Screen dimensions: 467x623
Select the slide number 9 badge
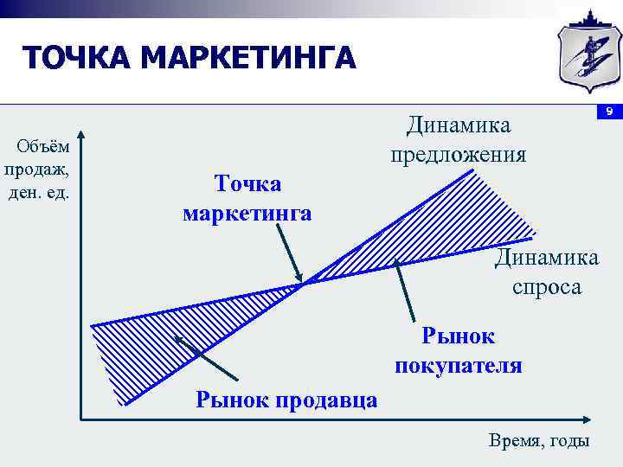609,112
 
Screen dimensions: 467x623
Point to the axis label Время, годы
539,440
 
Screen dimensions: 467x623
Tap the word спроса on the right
547,286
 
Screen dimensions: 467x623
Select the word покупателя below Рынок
459,365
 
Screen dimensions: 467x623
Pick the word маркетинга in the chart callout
247,213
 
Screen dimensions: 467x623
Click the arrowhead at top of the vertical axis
80,137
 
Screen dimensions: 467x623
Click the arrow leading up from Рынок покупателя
403,291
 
